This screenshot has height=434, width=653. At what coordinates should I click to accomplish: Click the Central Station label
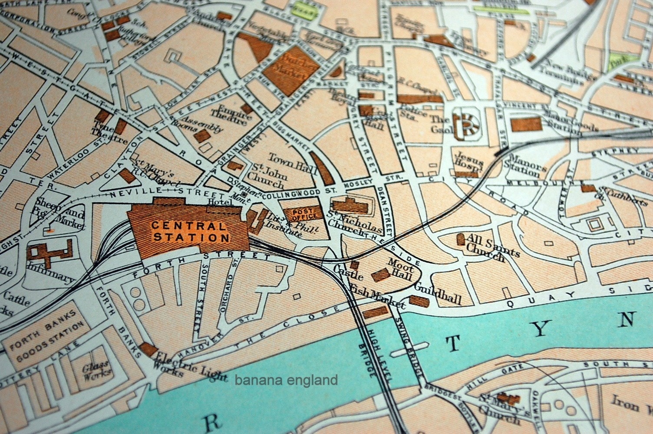(190, 232)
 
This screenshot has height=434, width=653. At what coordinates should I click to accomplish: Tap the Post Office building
(303, 213)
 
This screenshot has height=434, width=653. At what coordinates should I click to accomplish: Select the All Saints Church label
(485, 247)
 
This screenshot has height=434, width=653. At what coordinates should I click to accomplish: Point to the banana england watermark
(286, 381)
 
